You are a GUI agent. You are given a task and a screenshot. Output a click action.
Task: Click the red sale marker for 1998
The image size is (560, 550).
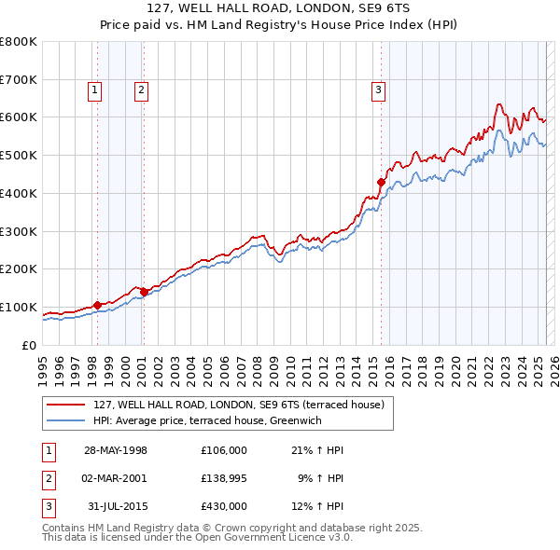[97, 304]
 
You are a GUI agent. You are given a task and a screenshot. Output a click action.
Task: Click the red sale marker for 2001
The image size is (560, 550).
[144, 292]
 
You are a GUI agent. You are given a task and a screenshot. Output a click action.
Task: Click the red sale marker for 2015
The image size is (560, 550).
[381, 182]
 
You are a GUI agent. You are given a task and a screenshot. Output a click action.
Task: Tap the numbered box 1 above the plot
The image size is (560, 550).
[96, 90]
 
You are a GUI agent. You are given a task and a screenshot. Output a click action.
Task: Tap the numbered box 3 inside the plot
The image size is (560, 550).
[378, 90]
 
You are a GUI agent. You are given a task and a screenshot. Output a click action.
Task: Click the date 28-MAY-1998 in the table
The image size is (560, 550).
[116, 450]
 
